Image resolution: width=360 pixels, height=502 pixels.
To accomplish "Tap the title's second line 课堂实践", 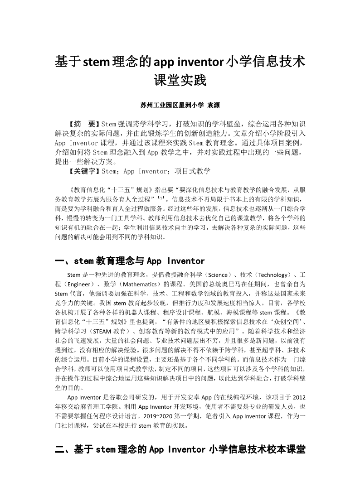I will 180,81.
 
